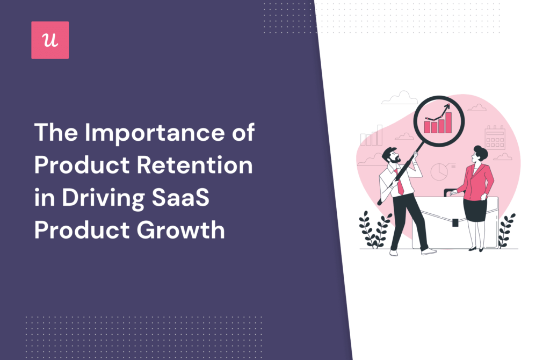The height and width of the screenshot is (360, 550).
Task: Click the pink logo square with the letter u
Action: [x=50, y=40]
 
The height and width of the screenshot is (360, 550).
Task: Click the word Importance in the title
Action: [x=154, y=133]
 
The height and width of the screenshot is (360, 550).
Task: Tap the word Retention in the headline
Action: [x=194, y=164]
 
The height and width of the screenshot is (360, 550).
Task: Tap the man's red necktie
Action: [x=399, y=182]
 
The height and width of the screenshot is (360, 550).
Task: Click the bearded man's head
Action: [x=392, y=155]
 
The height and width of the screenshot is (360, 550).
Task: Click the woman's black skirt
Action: [x=475, y=210]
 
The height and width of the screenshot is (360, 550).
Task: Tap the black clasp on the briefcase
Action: [x=455, y=222]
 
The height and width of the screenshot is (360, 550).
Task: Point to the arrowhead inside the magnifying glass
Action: [x=447, y=106]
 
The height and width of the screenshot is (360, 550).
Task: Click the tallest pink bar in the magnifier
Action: [x=448, y=123]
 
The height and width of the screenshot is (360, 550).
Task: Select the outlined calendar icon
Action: [x=495, y=138]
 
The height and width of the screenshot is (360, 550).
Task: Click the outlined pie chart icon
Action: [x=439, y=171]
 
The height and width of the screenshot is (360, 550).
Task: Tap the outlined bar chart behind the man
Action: [x=372, y=136]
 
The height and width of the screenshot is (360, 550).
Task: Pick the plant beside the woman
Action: [x=506, y=230]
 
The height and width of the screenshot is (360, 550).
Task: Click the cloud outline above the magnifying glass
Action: [x=400, y=98]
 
